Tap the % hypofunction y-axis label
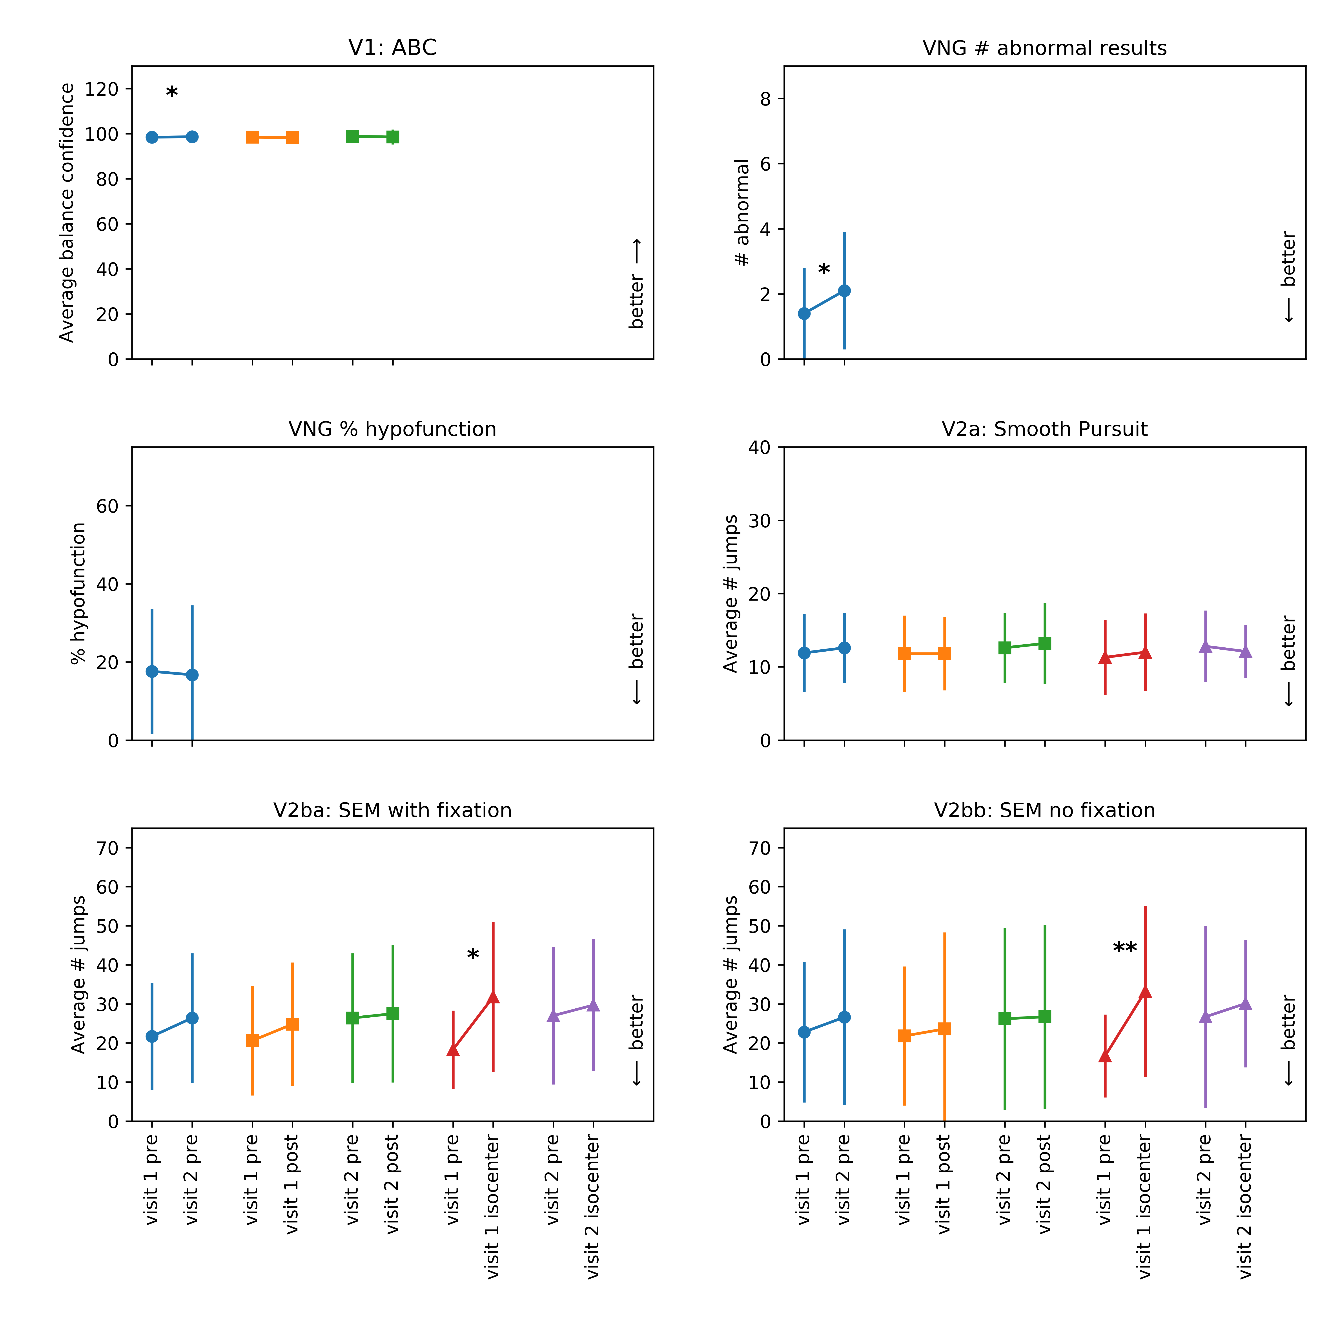click(x=78, y=593)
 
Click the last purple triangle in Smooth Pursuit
click(x=1245, y=651)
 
